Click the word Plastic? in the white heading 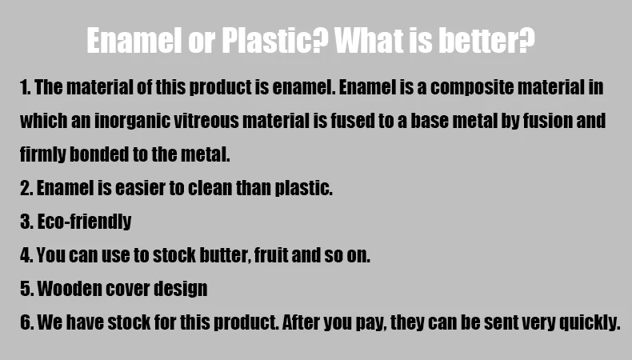click(x=275, y=40)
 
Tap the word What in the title click(x=369, y=40)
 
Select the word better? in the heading click(x=486, y=40)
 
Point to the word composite click(x=472, y=88)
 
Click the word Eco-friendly click(x=84, y=222)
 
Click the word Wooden click(x=69, y=289)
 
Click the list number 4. click(x=25, y=255)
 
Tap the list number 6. click(x=25, y=322)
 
